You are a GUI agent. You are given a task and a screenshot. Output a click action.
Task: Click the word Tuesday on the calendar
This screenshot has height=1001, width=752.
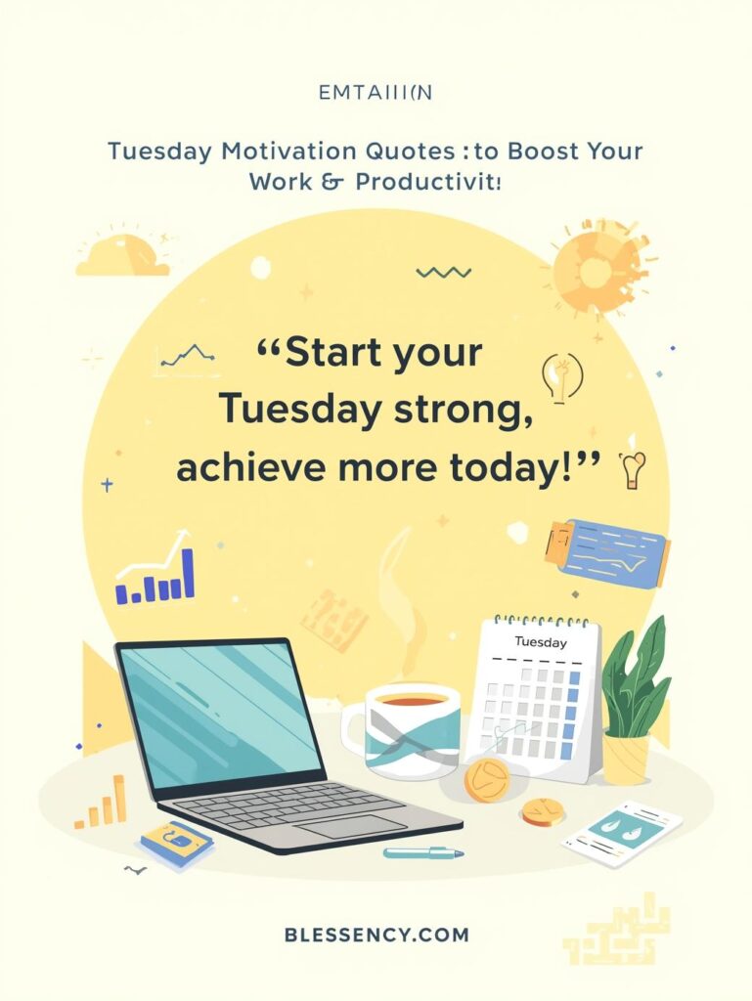540,642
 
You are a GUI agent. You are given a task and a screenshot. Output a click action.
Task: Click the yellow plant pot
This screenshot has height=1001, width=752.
626,758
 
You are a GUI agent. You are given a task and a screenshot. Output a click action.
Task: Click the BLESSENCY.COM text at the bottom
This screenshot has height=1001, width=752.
376,935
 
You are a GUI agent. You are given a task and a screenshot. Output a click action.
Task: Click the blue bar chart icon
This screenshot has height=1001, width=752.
156,577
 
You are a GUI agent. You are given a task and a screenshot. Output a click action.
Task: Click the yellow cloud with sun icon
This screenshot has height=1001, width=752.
121,255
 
